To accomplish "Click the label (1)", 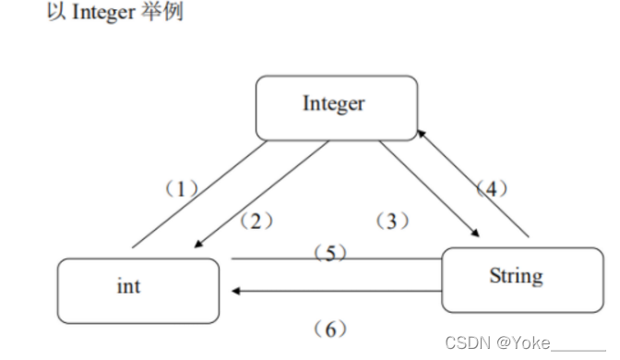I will [182, 189].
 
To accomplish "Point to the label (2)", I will [256, 221].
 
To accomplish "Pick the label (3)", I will [392, 221].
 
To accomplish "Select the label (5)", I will [330, 254].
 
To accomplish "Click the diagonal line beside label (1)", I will [199, 195].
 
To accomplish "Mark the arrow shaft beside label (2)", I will [268, 194].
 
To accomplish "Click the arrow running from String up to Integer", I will [475, 185].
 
